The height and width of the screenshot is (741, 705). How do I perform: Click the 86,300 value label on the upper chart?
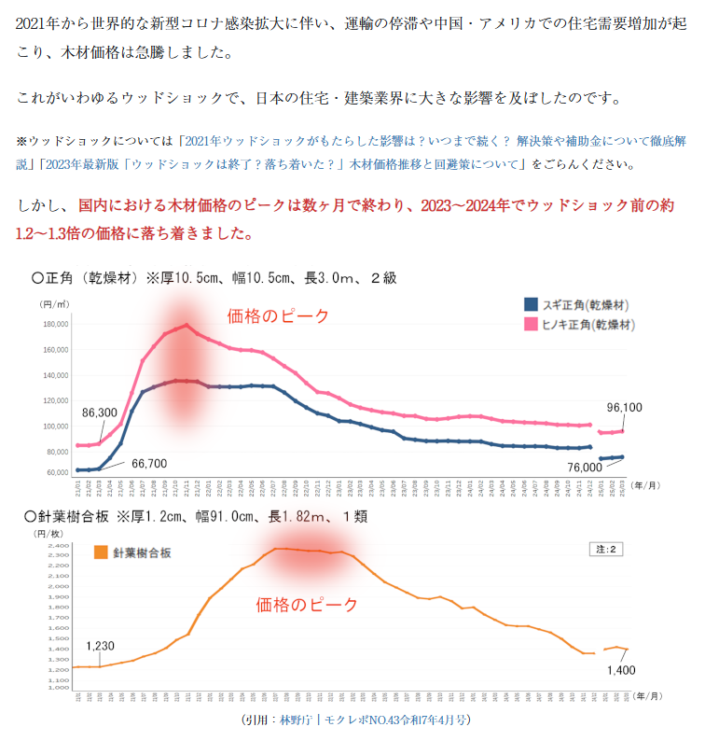coord(100,412)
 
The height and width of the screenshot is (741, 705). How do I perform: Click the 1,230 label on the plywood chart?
coord(100,646)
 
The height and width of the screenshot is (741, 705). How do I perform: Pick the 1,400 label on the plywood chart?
coord(622,670)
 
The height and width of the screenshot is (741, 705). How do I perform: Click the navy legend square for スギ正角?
coord(531,303)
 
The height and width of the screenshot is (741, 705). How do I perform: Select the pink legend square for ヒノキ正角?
coord(531,324)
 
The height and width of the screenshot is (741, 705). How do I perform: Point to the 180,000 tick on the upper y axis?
coord(55,325)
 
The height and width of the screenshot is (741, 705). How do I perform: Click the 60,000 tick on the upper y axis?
coord(57,472)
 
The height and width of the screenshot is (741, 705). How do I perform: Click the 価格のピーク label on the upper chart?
coord(278,316)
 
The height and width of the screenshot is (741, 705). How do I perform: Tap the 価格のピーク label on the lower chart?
coord(307,605)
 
